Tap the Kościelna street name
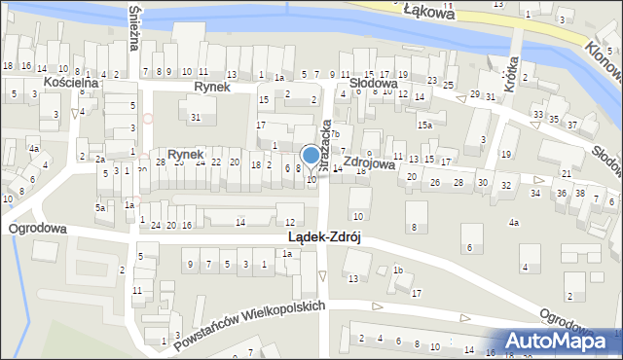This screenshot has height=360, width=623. tap(70, 84)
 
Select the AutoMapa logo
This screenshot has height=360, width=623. tap(566, 341)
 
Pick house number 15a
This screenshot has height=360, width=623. tap(425, 126)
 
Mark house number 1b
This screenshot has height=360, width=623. tap(398, 270)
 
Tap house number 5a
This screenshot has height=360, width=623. tap(100, 208)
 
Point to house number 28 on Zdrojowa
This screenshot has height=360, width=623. tap(458, 183)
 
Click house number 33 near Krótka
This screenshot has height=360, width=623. tap(538, 115)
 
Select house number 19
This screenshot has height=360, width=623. tap(506, 155)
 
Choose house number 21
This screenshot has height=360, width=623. tap(567, 173)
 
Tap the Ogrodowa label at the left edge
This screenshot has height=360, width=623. tap(37, 229)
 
